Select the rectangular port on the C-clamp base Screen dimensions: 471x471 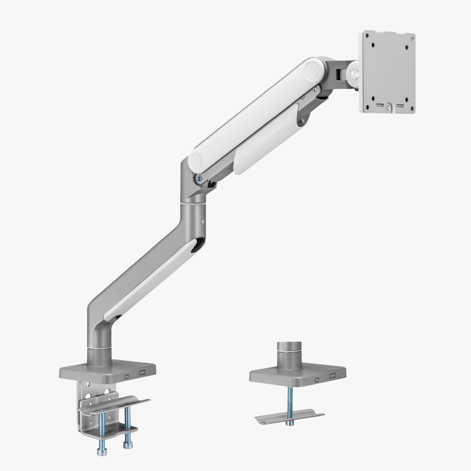tap(142, 373)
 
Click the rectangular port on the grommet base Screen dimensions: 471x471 tap(332, 376)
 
